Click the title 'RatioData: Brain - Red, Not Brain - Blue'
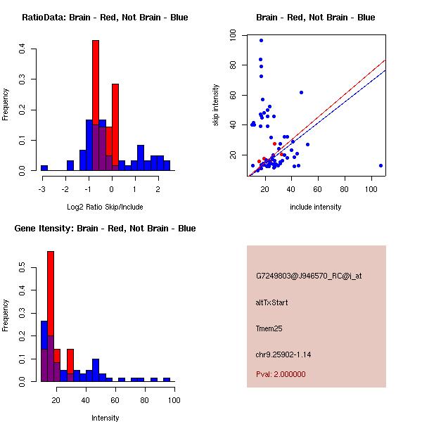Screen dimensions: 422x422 pyautogui.click(x=105, y=18)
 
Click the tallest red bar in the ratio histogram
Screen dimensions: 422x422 pyautogui.click(x=96, y=105)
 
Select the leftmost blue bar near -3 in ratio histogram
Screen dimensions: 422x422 pyautogui.click(x=44, y=168)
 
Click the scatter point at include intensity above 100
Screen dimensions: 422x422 pyautogui.click(x=381, y=166)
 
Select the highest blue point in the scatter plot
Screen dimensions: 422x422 pyautogui.click(x=261, y=41)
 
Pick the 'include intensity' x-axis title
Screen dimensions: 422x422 pyautogui.click(x=316, y=207)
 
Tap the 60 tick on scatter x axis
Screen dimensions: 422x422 pyautogui.click(x=318, y=189)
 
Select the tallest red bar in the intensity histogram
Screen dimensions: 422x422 pyautogui.click(x=51, y=316)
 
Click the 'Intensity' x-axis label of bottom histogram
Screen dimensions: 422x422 pyautogui.click(x=105, y=418)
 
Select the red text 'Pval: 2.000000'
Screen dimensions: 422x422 pyautogui.click(x=281, y=374)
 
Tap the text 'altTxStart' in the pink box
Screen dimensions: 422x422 pyautogui.click(x=271, y=302)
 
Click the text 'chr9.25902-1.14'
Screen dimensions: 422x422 pyautogui.click(x=283, y=354)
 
